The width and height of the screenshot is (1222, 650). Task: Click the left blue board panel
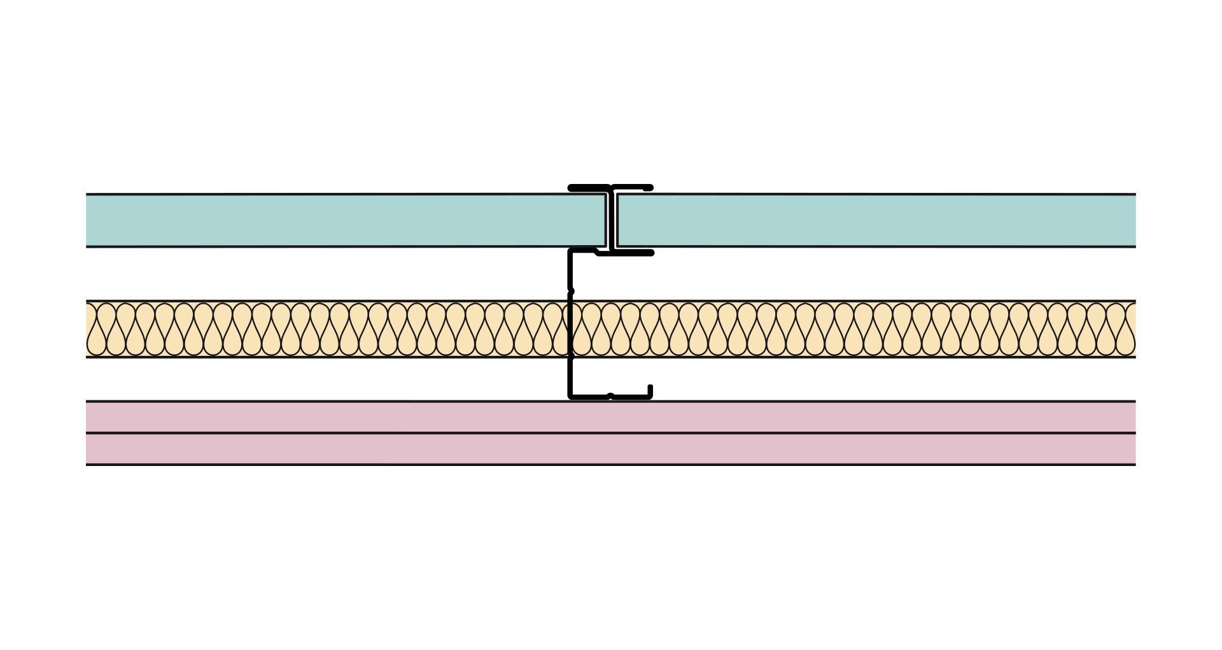(344, 220)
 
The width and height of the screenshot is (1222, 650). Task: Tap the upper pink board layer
(611, 417)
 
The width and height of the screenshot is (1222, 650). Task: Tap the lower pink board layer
(611, 449)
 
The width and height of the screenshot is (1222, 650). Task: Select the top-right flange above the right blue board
(633, 188)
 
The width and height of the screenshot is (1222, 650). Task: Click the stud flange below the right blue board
(633, 253)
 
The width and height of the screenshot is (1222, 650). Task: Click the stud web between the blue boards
(612, 220)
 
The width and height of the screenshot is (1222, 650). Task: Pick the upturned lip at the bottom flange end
(650, 390)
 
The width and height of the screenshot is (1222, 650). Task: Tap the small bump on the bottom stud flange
(610, 396)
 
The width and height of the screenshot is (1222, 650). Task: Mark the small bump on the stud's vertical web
(571, 291)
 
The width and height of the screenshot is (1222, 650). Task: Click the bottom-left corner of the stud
(571, 396)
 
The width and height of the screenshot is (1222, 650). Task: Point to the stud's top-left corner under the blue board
(571, 252)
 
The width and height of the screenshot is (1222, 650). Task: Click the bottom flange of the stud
(627, 397)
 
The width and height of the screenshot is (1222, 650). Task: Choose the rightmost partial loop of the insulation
(1131, 329)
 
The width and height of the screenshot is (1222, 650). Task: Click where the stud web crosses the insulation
(570, 329)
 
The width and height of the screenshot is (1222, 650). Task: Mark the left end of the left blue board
(88, 220)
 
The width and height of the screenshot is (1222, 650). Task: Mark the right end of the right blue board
(1134, 220)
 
